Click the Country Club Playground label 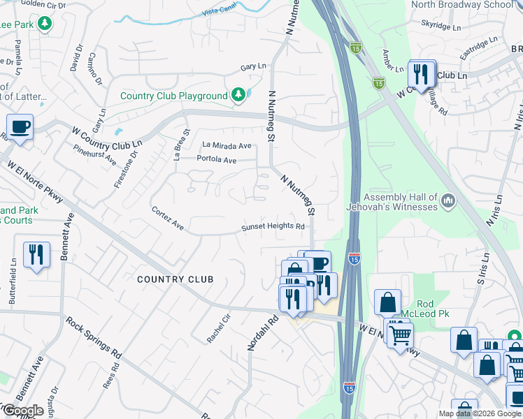click(x=174, y=96)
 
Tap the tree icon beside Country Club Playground click(x=238, y=94)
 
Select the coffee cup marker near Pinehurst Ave click(x=20, y=128)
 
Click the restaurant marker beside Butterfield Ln click(x=36, y=254)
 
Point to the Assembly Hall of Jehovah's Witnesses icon click(x=448, y=202)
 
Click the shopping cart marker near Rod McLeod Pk click(x=400, y=335)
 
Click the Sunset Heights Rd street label click(x=273, y=227)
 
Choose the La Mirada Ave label click(x=226, y=146)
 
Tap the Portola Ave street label click(x=216, y=161)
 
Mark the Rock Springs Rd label click(x=94, y=338)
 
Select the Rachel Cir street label click(x=218, y=327)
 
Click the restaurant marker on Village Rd click(x=421, y=73)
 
